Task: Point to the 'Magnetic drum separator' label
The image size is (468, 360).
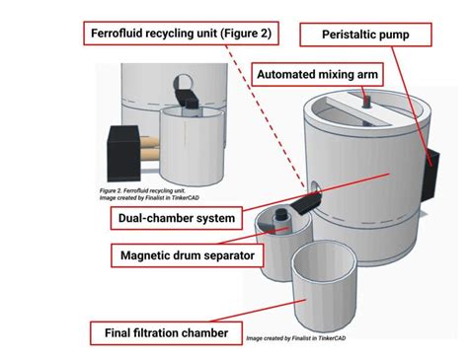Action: pyautogui.click(x=182, y=255)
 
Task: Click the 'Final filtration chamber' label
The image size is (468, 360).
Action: pyautogui.click(x=166, y=332)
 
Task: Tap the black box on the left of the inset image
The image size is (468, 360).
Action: pyautogui.click(x=125, y=146)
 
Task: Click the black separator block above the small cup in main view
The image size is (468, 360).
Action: pyautogui.click(x=301, y=205)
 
